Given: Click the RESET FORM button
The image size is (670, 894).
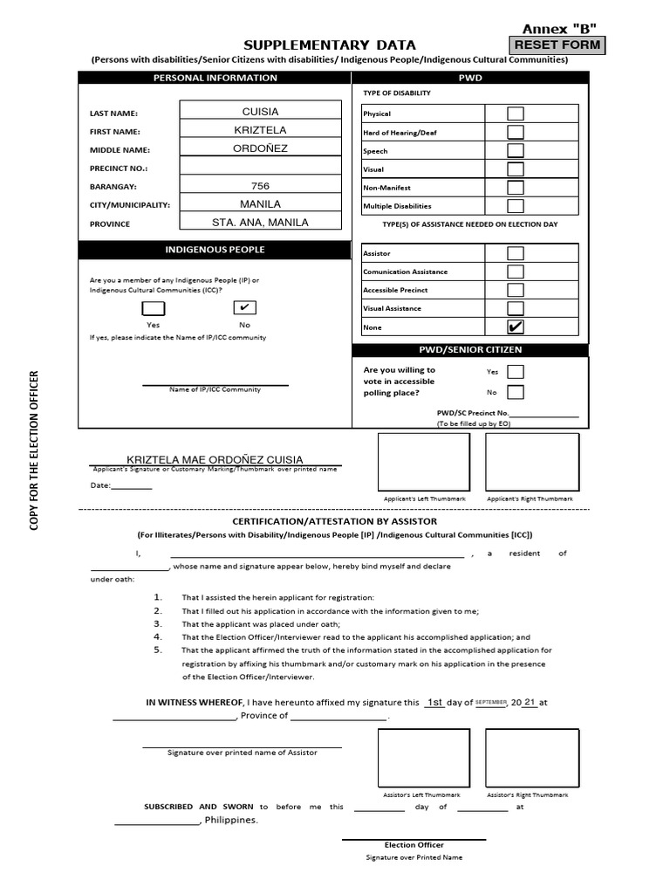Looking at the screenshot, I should tap(557, 45).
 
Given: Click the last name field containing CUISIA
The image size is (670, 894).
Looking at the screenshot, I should tap(260, 111).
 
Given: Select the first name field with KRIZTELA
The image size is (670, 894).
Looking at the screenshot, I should tap(260, 130).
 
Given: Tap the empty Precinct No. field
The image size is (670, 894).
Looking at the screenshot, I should tap(260, 167).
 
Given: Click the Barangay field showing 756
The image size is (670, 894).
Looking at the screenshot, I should tap(260, 186).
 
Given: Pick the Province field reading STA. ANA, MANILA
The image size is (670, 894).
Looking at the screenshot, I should tap(260, 223).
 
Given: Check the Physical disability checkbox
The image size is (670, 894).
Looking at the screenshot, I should tap(516, 113).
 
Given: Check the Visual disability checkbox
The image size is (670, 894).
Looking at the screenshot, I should tap(516, 169).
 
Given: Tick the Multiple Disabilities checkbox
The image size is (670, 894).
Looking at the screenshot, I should tap(516, 206).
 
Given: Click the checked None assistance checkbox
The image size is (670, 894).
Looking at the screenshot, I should tap(516, 327).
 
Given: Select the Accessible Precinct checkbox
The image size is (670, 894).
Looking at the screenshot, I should tap(516, 290).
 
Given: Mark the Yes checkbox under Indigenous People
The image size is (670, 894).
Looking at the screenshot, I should tap(154, 308).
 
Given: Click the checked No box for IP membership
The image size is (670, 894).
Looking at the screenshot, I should tap(244, 308).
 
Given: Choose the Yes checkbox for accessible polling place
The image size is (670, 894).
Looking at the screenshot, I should tap(516, 371).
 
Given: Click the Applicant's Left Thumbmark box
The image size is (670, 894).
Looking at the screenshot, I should tap(424, 463).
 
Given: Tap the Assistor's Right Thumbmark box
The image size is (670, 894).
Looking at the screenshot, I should tap(532, 758).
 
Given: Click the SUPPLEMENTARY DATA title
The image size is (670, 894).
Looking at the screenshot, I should tap(329, 45).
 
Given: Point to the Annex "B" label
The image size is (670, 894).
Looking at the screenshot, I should tap(565, 28).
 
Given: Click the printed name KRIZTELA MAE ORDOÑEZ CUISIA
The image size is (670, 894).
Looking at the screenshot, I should tap(215, 459).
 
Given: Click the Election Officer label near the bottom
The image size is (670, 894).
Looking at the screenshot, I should tap(414, 844).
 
